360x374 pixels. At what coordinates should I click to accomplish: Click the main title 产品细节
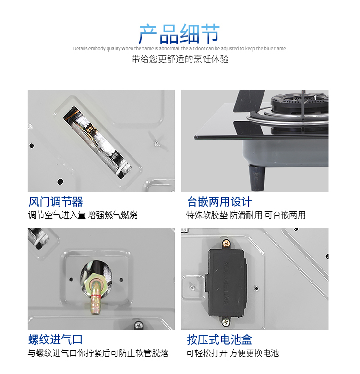[x=179, y=34]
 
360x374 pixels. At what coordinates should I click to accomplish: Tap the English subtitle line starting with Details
[x=180, y=48]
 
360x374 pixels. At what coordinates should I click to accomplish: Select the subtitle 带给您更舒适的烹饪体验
[x=180, y=59]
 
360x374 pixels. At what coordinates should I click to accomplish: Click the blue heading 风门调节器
[x=56, y=201]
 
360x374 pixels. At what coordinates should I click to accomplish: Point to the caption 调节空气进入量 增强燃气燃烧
[x=83, y=215]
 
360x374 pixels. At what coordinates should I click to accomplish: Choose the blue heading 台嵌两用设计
[x=219, y=201]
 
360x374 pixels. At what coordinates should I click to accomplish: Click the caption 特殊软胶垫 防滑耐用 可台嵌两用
[x=246, y=215]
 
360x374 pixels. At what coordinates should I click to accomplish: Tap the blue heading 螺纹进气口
[x=56, y=339]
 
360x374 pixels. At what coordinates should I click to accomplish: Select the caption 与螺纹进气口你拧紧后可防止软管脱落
[x=98, y=353]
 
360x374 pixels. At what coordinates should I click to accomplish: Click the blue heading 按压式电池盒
[x=219, y=339]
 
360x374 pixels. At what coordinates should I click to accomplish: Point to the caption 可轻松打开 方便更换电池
[x=232, y=353]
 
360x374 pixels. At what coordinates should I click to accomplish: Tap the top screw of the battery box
[x=226, y=244]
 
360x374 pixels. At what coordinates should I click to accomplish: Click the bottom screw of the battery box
[x=226, y=322]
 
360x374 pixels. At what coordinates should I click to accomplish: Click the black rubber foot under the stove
[x=257, y=177]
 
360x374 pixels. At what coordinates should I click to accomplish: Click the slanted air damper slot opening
[x=97, y=142]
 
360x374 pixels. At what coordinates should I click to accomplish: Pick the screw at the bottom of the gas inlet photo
[x=139, y=325]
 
